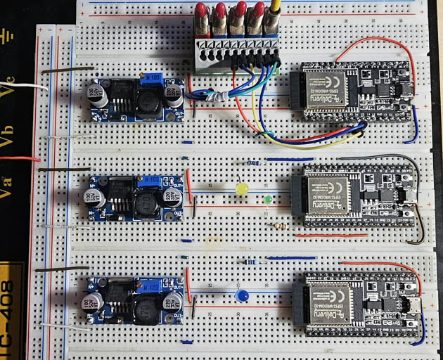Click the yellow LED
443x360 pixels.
(x=243, y=189)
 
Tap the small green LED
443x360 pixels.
(x=267, y=199)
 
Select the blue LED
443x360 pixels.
(x=243, y=295)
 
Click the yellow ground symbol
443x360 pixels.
(x=8, y=35)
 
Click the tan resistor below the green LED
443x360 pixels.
(x=280, y=226)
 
